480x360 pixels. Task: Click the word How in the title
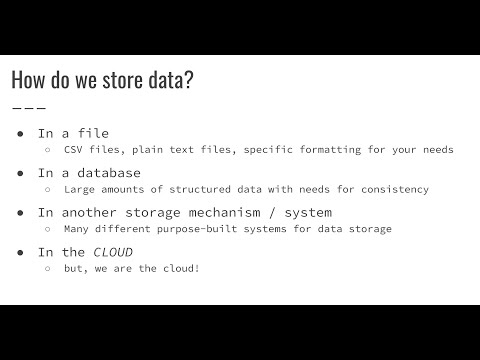coord(28,81)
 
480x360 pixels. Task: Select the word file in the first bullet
coord(92,132)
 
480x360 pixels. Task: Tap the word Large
coord(81,189)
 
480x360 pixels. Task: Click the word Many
coord(77,229)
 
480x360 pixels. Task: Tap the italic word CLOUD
coord(113,252)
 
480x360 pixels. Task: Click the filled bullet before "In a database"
coord(20,172)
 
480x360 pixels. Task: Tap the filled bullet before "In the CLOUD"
coord(20,252)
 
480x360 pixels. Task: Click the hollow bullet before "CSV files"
coord(47,150)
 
